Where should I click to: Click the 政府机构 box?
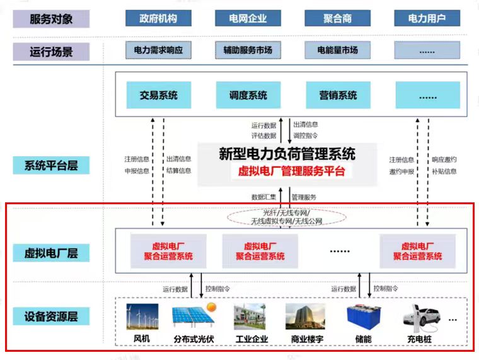point(158,18)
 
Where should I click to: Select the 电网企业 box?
point(248,18)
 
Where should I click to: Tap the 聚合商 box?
point(338,18)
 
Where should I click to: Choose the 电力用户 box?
point(427,18)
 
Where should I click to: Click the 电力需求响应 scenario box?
point(158,50)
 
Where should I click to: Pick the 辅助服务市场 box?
point(248,50)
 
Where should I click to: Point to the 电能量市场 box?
point(338,50)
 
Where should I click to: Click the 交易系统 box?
point(159,95)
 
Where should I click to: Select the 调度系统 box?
point(248,95)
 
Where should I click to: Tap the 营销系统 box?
point(338,95)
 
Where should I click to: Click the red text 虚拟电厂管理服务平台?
point(291,171)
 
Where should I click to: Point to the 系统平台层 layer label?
point(51,165)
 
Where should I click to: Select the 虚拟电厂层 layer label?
point(51,253)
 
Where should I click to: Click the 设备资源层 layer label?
point(51,316)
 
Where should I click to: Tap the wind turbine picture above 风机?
point(142,316)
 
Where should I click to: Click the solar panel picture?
point(194,315)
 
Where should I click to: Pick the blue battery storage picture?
point(364,317)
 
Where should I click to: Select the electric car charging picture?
point(422,318)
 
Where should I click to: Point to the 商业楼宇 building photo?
point(305,316)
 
